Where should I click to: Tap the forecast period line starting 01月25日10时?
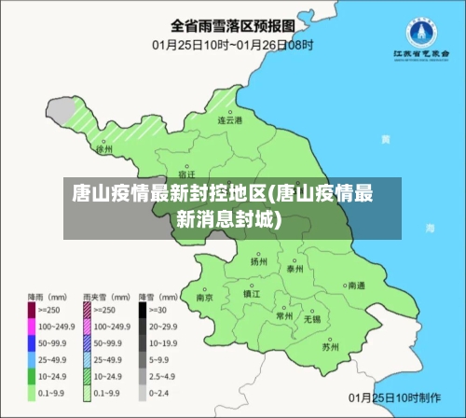coord(232,44)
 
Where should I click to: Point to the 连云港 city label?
coord(230,120)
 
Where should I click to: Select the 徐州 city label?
coord(104,148)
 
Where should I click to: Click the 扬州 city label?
coord(258,262)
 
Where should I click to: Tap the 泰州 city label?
coord(295,269)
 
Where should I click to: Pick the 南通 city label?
coord(355,286)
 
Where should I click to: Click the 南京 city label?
coord(205,298)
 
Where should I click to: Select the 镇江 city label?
coord(252,293)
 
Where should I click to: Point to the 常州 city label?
coord(284,316)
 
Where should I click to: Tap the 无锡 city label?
coord(311,319)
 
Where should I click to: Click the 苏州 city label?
coord(329,347)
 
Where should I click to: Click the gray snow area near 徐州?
coord(61,113)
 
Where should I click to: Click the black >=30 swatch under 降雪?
coord(143,310)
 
